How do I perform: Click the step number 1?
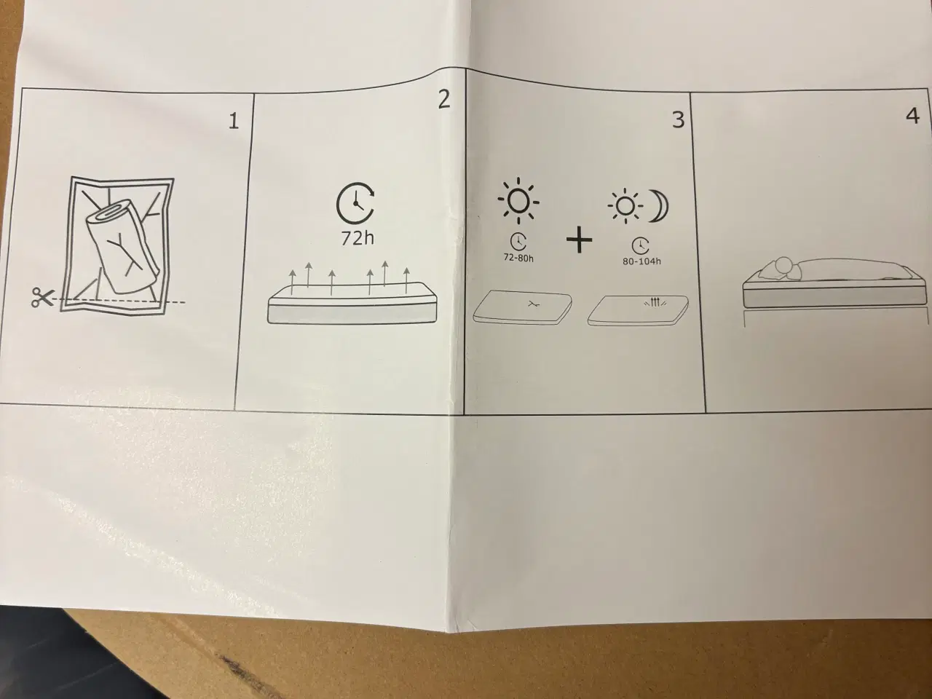point(233,120)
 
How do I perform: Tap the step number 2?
point(444,100)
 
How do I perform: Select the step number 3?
point(678,119)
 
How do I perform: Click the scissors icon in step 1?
point(42,298)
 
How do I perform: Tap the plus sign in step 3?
point(580,240)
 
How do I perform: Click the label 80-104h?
point(642,262)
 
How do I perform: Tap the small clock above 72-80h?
point(519,242)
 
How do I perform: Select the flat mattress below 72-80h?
point(521,306)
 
